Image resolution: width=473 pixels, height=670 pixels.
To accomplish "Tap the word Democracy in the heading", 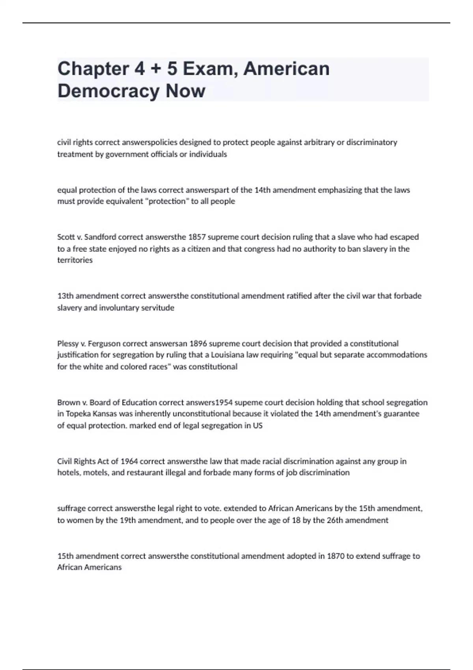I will [x=108, y=91].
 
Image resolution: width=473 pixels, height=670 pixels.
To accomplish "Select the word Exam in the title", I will [x=210, y=69].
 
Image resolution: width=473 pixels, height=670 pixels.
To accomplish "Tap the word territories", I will [x=75, y=260].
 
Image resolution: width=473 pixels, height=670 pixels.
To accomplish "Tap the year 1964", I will [x=129, y=462].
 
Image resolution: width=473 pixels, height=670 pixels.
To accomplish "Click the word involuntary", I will [x=120, y=308].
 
